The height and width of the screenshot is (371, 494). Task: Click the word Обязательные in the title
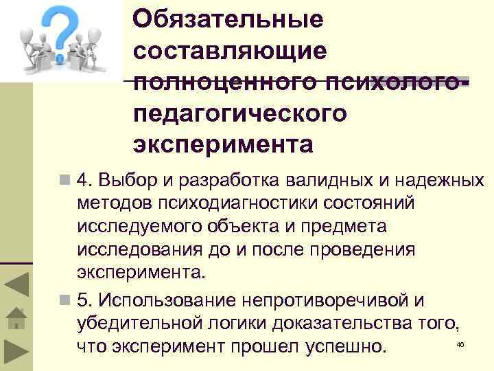(x=228, y=19)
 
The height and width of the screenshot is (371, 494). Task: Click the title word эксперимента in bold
(x=223, y=144)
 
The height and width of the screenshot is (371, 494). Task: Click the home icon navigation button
(x=16, y=319)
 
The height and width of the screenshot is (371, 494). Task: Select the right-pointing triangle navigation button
(x=16, y=351)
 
